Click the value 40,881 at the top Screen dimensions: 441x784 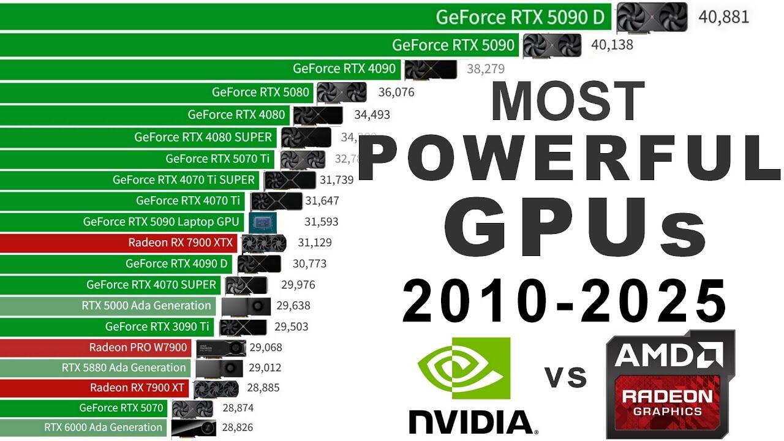(x=723, y=17)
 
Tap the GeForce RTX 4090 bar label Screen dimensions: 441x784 (x=344, y=69)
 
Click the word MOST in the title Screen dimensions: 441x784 (x=567, y=102)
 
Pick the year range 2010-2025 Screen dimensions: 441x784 (x=564, y=301)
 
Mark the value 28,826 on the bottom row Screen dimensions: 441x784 (x=237, y=428)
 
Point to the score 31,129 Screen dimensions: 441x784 (x=314, y=243)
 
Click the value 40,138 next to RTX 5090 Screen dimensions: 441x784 (x=612, y=45)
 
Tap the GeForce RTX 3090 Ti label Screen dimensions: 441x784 (x=157, y=326)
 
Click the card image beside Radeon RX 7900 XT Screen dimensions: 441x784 (x=215, y=388)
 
